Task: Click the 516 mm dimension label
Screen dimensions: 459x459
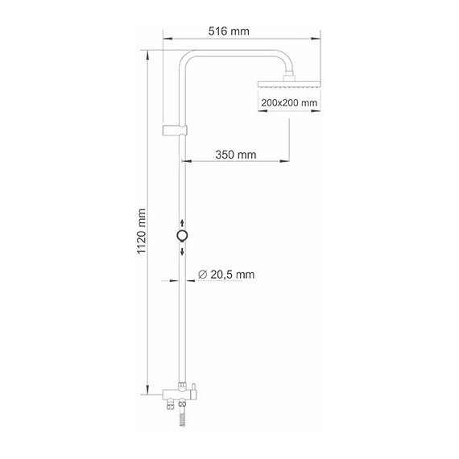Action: click(229, 31)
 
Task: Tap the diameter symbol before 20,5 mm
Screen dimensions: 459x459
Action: click(202, 275)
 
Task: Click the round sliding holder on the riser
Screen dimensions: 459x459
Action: click(183, 236)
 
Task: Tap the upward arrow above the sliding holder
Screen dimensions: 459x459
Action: click(183, 222)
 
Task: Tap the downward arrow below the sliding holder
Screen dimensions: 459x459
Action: click(183, 250)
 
